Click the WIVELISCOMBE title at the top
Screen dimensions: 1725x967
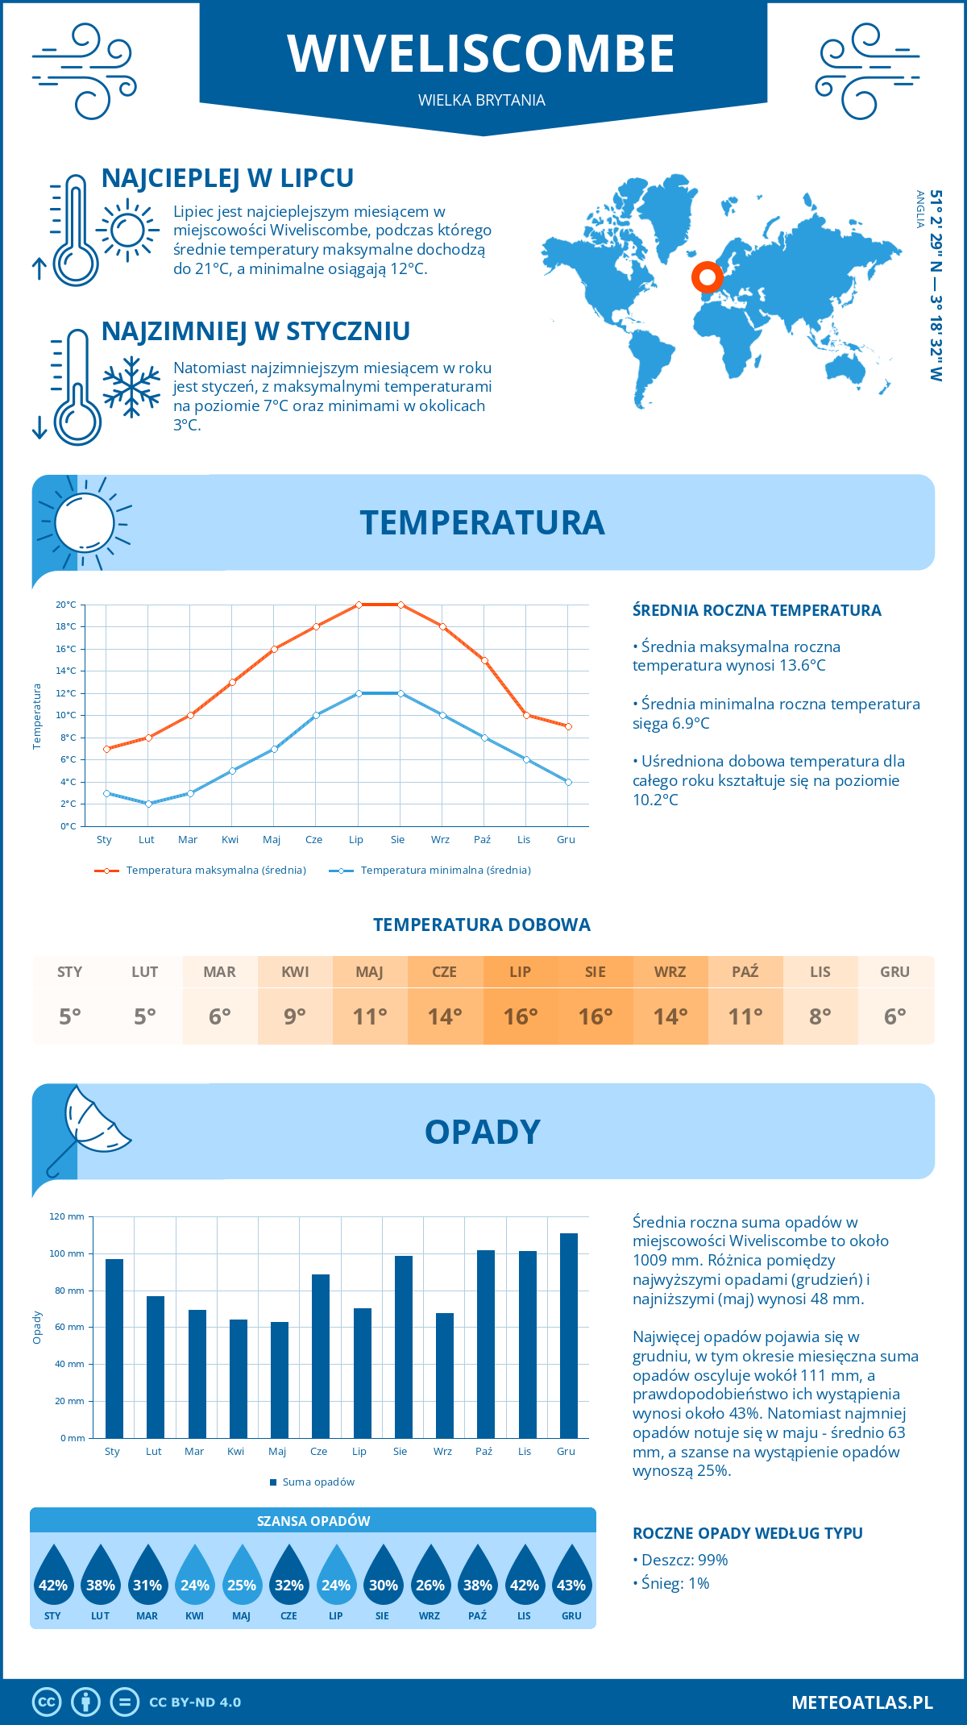[481, 54]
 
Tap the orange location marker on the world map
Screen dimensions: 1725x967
[708, 277]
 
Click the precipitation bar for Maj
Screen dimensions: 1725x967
[279, 1379]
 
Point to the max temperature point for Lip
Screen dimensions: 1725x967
[359, 605]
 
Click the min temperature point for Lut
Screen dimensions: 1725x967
[148, 804]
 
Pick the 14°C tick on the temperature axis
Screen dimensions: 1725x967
[66, 671]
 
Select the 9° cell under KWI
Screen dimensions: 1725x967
[295, 1016]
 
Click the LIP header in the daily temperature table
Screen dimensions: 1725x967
[520, 972]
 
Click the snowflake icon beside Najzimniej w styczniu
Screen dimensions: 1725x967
[131, 387]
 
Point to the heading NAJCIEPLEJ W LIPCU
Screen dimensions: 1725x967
[228, 178]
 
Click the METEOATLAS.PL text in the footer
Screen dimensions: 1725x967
[861, 1702]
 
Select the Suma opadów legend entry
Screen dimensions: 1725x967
[317, 1482]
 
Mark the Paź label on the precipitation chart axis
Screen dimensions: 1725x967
[483, 1452]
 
